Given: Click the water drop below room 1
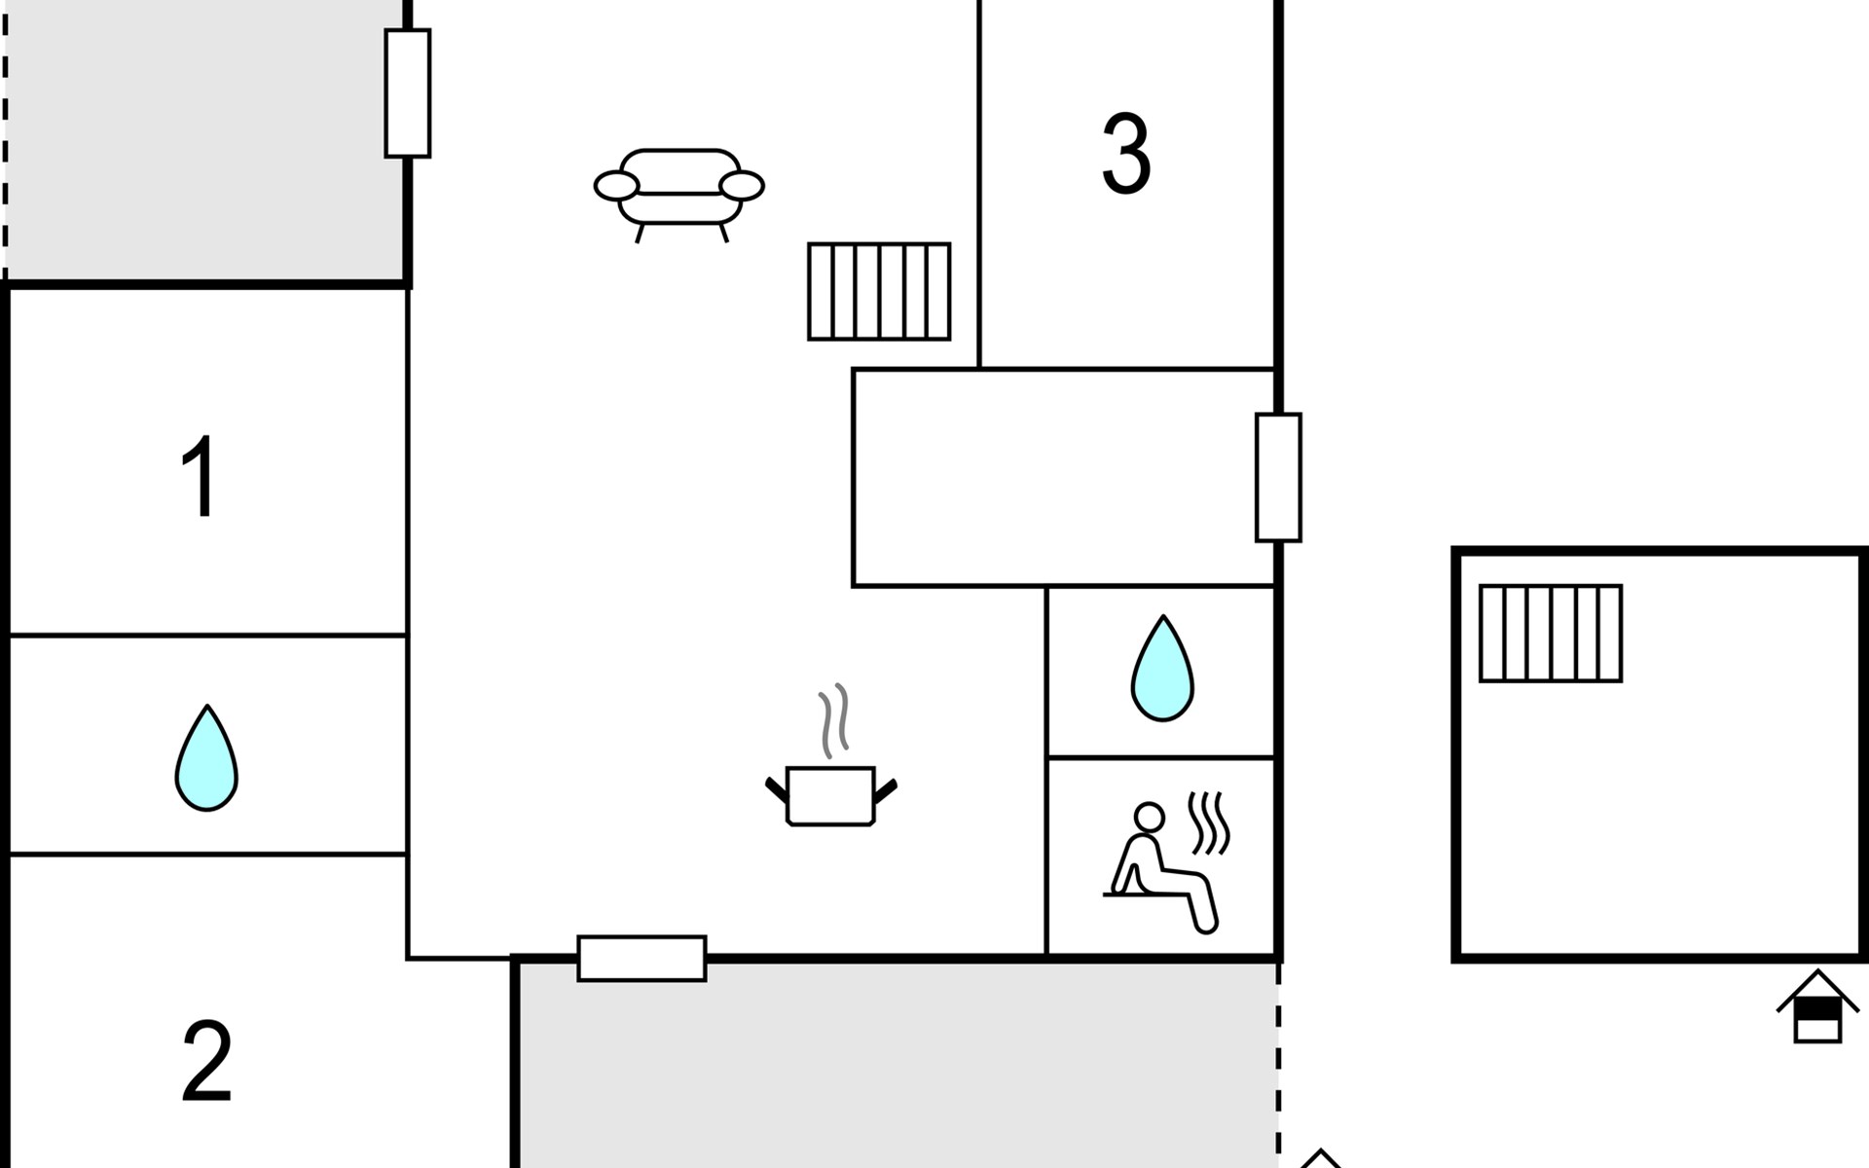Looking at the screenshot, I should point(206,758).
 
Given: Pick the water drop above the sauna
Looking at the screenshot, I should point(1162,670).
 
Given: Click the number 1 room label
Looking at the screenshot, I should point(200,477).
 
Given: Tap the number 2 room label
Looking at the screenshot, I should point(206,1061).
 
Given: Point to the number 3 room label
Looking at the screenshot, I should point(1126,154).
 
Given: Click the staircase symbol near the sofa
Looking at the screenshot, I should point(879,291).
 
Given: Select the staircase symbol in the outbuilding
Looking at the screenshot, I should point(1551,634).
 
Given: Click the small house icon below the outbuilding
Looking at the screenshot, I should point(1817,1008).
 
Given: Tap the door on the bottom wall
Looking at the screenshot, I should point(641,959).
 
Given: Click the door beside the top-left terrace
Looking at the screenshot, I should point(408,93).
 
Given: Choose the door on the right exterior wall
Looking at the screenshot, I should point(1278,477).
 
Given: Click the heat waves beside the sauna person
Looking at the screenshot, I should point(1210,822).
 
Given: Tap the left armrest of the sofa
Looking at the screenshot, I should point(616,185).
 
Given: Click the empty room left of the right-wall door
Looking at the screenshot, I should point(1051,477).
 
